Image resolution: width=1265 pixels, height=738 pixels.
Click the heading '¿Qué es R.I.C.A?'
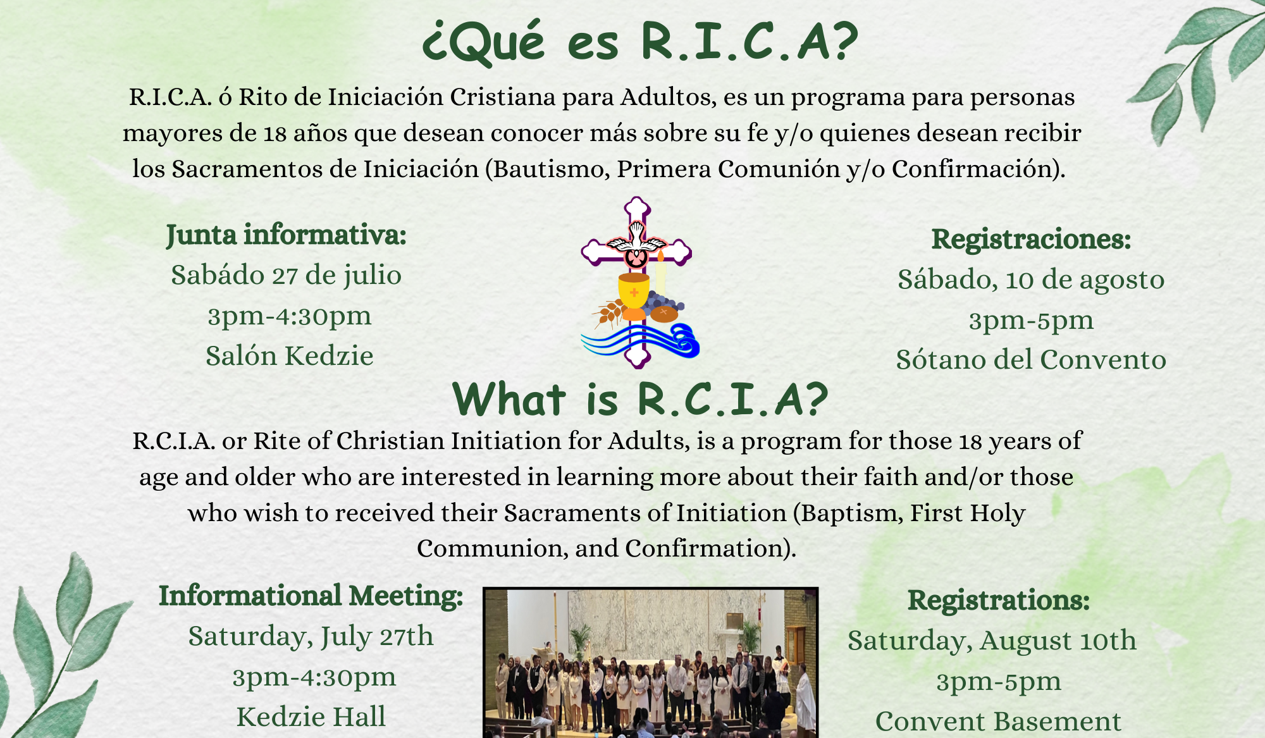pyautogui.click(x=640, y=42)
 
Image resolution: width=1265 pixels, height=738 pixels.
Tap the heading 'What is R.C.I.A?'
pyautogui.click(x=640, y=400)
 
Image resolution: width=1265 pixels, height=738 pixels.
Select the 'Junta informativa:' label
pyautogui.click(x=287, y=235)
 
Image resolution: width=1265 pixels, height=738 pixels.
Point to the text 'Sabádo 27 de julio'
pyautogui.click(x=287, y=276)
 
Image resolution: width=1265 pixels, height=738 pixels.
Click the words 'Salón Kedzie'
pyautogui.click(x=290, y=356)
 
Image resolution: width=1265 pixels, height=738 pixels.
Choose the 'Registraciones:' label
pyautogui.click(x=1031, y=239)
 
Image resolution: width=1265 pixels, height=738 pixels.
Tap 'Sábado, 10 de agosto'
pyautogui.click(x=1031, y=280)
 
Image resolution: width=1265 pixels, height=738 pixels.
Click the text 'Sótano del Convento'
pyautogui.click(x=1031, y=360)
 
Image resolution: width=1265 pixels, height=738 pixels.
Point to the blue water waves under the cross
pyautogui.click(x=640, y=341)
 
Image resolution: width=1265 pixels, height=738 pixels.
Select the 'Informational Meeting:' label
pyautogui.click(x=311, y=596)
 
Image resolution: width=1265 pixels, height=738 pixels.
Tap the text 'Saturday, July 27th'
pyautogui.click(x=311, y=637)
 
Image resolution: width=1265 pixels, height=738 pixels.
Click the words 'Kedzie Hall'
pyautogui.click(x=311, y=717)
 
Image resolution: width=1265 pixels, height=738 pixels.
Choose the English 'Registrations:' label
pyautogui.click(x=999, y=600)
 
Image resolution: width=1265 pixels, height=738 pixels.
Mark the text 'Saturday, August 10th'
pyautogui.click(x=992, y=641)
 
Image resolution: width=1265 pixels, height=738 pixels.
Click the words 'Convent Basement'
pyautogui.click(x=998, y=722)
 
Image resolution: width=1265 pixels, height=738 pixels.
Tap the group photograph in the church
pyautogui.click(x=651, y=663)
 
